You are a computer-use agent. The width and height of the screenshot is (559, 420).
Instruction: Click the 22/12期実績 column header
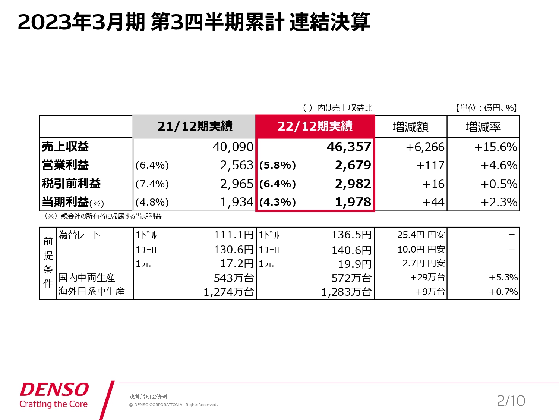[x=315, y=126]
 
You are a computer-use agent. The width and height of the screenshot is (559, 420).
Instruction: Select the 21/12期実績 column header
[x=195, y=126]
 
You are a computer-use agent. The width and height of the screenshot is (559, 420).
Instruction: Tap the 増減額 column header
[x=410, y=127]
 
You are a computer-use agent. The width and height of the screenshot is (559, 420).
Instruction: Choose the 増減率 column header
[x=483, y=127]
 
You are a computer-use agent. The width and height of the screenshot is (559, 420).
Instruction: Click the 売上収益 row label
[x=66, y=147]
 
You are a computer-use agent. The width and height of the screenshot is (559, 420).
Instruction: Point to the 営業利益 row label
[x=66, y=165]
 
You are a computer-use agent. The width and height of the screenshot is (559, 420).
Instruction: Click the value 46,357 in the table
[x=349, y=147]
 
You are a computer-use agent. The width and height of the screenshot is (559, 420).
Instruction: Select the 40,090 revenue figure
[x=233, y=147]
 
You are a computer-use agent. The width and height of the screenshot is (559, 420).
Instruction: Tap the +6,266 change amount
[x=425, y=147]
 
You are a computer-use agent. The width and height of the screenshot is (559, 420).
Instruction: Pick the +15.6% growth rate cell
[x=495, y=147]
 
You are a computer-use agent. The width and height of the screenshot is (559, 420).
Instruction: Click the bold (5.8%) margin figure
[x=278, y=165]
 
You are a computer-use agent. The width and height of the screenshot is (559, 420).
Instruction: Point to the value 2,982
[x=353, y=184]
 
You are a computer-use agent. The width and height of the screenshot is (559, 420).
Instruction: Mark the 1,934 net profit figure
[x=237, y=202]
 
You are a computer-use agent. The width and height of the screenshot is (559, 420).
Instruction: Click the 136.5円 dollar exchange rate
[x=351, y=235]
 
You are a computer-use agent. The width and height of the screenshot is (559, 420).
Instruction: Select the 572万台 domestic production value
[x=351, y=278]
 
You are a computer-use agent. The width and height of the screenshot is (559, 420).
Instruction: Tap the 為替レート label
[x=79, y=235]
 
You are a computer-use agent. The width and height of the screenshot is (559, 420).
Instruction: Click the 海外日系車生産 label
[x=91, y=291]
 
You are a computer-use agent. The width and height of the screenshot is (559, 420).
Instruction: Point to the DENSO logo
[x=54, y=390]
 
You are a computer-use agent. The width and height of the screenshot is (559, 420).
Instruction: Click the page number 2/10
[x=511, y=401]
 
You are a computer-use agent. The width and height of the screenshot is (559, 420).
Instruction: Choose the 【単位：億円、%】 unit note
[x=486, y=108]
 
